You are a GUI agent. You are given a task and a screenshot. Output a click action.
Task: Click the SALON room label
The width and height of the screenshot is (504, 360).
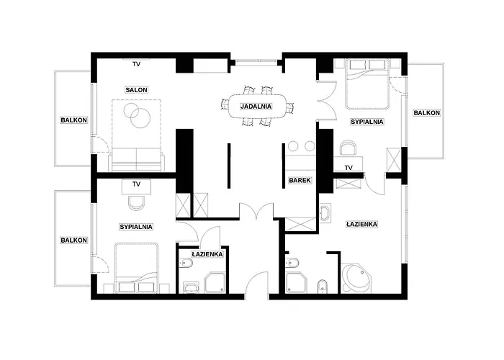pyautogui.click(x=136, y=90)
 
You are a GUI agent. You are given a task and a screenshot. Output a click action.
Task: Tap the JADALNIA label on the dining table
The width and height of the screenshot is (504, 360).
pyautogui.click(x=256, y=107)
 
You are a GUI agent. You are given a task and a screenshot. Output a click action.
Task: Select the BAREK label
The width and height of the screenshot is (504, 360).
pyautogui.click(x=300, y=180)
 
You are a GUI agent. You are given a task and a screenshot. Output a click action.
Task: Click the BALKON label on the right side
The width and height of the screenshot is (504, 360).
pyautogui.click(x=426, y=113)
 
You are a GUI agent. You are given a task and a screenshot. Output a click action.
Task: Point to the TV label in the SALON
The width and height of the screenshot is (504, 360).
pyautogui.click(x=136, y=64)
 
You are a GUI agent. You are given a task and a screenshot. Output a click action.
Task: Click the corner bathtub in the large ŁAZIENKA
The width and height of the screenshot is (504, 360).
pyautogui.click(x=356, y=279)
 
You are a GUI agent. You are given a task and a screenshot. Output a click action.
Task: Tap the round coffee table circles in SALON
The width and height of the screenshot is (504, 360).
pyautogui.click(x=138, y=115)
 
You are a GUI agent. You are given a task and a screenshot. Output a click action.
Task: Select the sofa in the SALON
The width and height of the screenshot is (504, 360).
pyautogui.click(x=136, y=159)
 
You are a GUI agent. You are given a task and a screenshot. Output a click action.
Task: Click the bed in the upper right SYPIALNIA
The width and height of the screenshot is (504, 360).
pyautogui.click(x=366, y=84)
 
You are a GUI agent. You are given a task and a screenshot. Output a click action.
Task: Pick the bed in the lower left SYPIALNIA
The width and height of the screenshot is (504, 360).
pyautogui.click(x=137, y=268)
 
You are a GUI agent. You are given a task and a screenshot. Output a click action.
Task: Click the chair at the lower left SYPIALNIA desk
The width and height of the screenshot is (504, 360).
pyautogui.click(x=136, y=202)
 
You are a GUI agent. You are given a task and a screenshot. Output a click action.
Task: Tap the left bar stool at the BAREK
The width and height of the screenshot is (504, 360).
pyautogui.click(x=294, y=146)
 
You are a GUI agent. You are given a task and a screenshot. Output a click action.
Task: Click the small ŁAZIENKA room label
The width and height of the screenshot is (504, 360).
pyautogui.click(x=207, y=254)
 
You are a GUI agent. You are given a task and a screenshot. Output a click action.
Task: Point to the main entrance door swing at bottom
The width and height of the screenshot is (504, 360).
pyautogui.click(x=257, y=285)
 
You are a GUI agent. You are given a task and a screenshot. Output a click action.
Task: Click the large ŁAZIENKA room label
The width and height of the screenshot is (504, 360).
pyautogui.click(x=362, y=224)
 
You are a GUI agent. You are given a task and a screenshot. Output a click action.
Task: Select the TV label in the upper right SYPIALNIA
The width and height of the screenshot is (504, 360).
pyautogui.click(x=348, y=168)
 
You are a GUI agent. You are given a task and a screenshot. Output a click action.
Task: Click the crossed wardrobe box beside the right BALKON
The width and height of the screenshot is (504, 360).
pyautogui.click(x=394, y=160)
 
